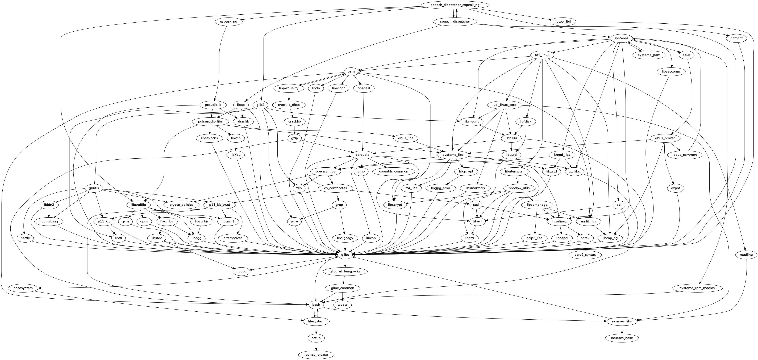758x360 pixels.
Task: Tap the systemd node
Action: point(621,38)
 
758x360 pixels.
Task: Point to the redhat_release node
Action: point(316,355)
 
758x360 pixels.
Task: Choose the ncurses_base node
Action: point(622,338)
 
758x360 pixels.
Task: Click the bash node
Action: point(316,305)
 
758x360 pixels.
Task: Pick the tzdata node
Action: point(343,305)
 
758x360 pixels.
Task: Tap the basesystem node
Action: point(23,288)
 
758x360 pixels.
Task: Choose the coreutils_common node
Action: point(393,171)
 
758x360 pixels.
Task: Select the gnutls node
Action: point(94,188)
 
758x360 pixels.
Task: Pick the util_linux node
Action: point(542,55)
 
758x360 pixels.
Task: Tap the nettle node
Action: point(25,238)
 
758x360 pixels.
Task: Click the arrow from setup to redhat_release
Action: point(316,346)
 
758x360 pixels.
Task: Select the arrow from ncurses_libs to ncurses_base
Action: point(622,330)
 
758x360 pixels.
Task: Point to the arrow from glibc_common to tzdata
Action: point(343,297)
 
